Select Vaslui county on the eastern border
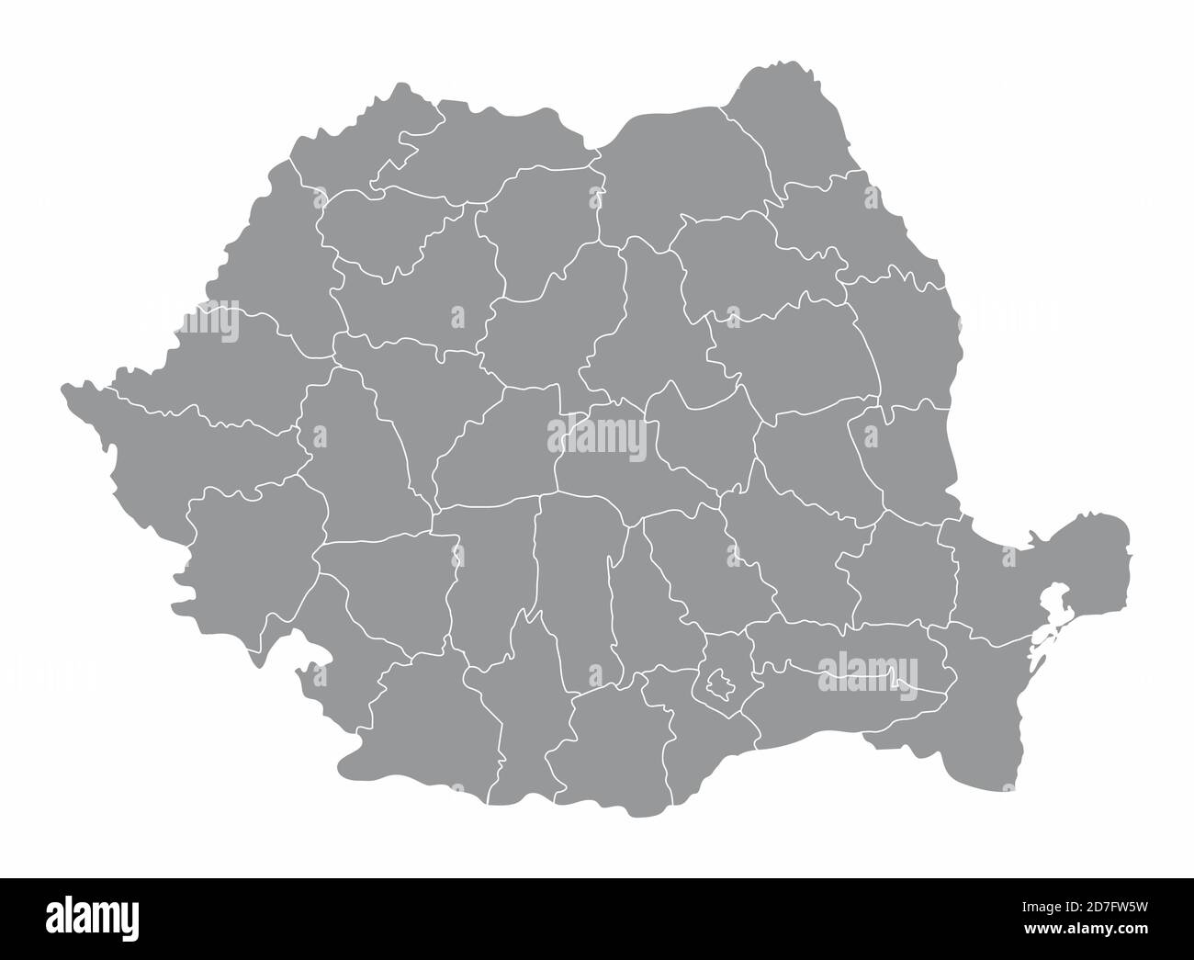pos(905,331)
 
